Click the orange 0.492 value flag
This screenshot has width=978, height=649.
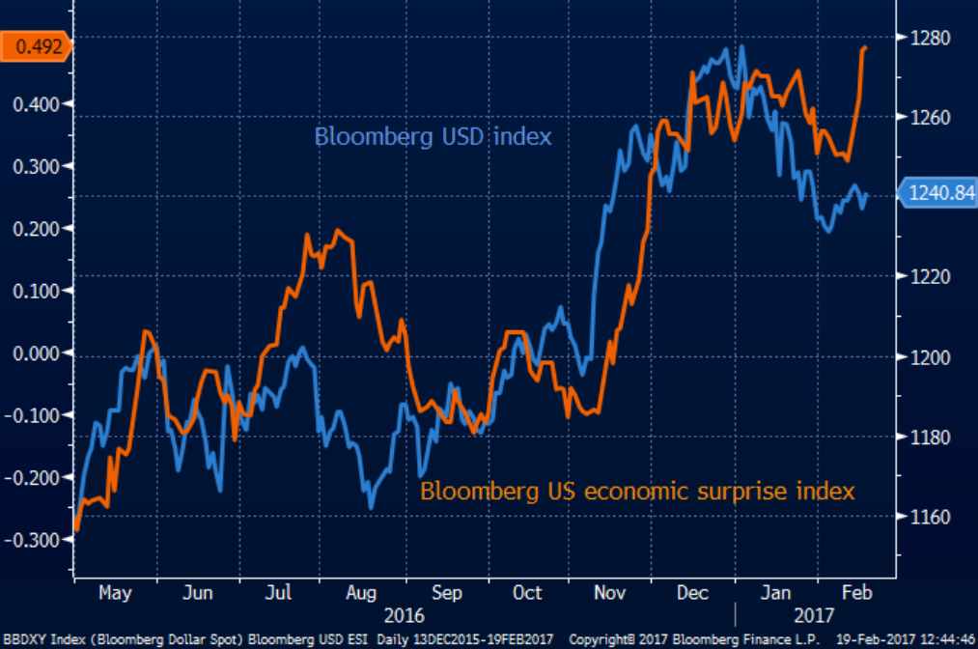click(x=36, y=44)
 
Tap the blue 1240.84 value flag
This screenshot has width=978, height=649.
click(x=936, y=194)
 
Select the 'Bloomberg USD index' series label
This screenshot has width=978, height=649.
click(x=433, y=136)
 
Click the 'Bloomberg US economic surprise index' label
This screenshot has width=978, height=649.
click(x=637, y=491)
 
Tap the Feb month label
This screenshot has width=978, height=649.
click(x=852, y=592)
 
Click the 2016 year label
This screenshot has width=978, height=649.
click(x=404, y=614)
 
